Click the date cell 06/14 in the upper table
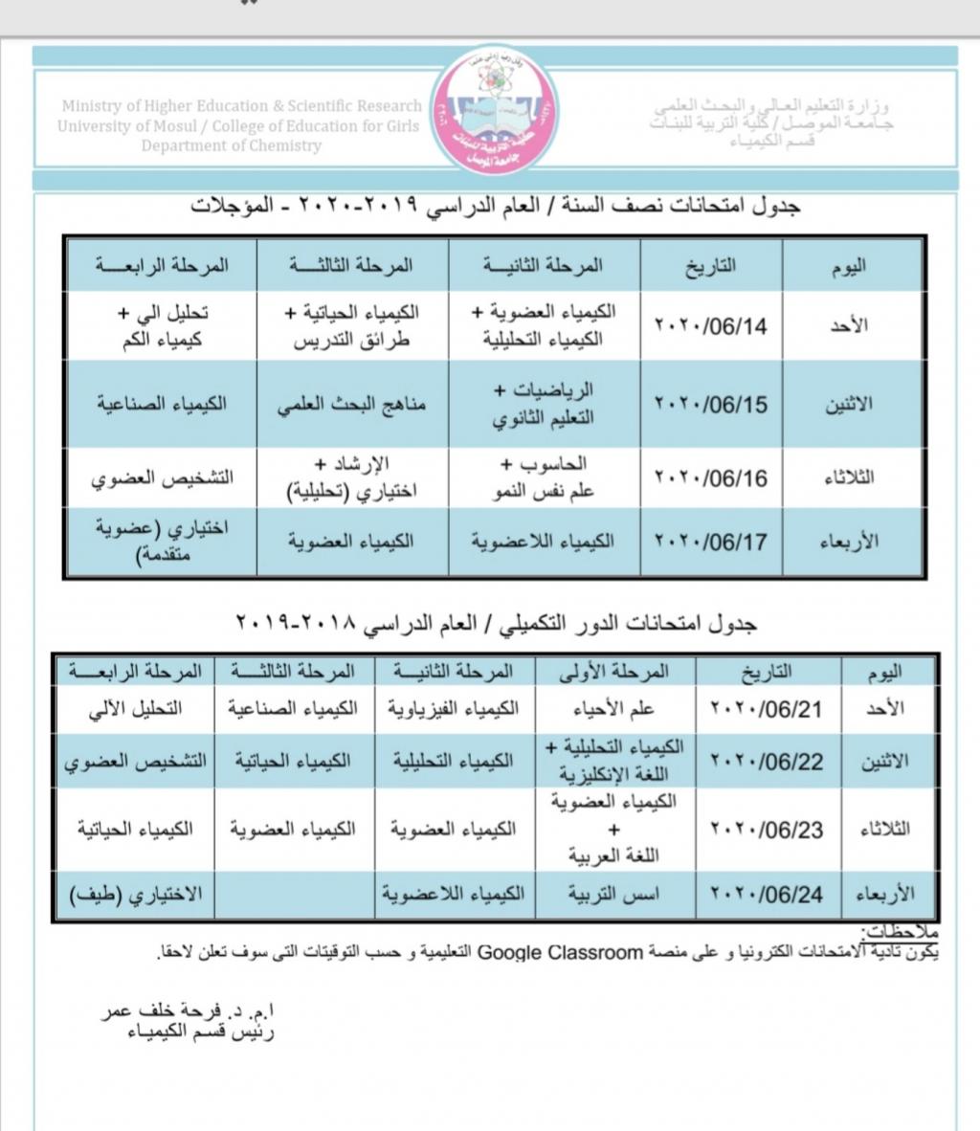(711, 325)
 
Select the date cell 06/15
(711, 404)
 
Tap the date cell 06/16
(711, 477)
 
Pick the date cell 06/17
(711, 542)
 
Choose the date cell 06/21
(768, 709)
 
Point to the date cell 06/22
(768, 762)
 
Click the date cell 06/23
(768, 830)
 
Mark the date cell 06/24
(768, 895)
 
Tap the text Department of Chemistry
(232, 146)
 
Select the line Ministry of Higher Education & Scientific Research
(241, 106)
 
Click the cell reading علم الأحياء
(616, 709)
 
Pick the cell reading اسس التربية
(616, 895)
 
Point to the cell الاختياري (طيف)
(136, 895)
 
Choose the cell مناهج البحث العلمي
(351, 404)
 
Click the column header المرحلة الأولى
(616, 672)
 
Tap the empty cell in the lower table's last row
(295, 895)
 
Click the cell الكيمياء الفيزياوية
(454, 709)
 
